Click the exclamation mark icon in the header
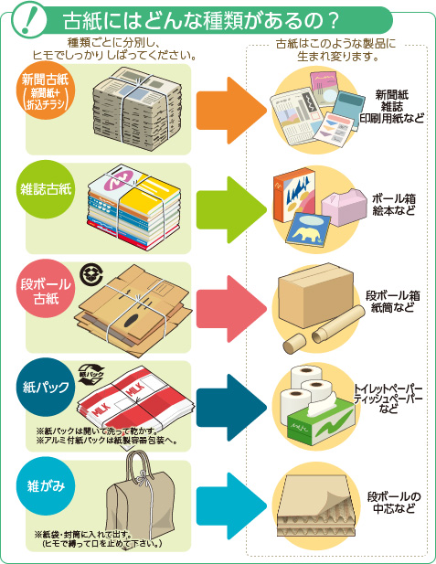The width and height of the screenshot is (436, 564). click(x=28, y=19)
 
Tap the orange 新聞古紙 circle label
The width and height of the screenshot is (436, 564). click(x=46, y=90)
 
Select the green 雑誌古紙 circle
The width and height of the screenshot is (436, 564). click(x=46, y=189)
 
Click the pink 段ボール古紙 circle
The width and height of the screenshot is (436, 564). click(x=46, y=289)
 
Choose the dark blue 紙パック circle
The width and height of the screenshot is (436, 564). click(x=46, y=387)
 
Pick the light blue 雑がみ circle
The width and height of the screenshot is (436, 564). click(x=46, y=486)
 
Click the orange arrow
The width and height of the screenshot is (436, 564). click(x=231, y=111)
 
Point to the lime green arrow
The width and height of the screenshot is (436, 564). click(x=231, y=210)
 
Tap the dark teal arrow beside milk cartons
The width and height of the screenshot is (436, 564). click(x=231, y=408)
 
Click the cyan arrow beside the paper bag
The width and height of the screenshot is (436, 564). click(x=231, y=506)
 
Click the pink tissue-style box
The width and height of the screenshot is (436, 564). click(x=343, y=208)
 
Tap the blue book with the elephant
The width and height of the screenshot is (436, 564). click(x=308, y=229)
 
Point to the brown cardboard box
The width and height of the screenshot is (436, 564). click(x=314, y=295)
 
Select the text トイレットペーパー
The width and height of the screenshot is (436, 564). click(x=388, y=388)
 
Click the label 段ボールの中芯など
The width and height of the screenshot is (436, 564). click(x=394, y=503)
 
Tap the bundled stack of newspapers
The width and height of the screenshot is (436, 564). click(x=137, y=108)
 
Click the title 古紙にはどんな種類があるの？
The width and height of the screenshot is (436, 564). click(x=201, y=21)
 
